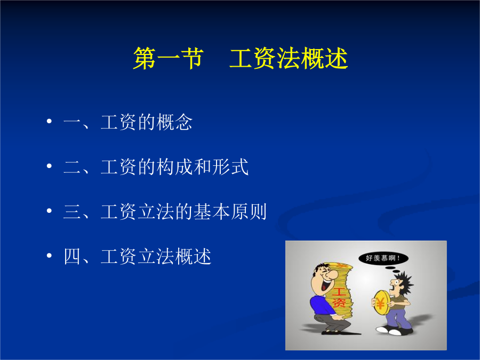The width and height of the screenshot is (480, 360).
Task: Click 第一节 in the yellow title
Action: (169, 58)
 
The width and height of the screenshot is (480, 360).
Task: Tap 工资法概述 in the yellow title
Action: (289, 58)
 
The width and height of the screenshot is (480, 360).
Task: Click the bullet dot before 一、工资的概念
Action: (49, 121)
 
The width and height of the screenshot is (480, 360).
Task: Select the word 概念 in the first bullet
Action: (174, 122)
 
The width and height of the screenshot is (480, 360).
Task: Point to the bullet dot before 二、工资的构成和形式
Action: (49, 166)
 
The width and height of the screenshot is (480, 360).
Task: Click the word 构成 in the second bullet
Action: (174, 167)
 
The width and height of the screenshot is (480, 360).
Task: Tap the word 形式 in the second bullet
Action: (230, 167)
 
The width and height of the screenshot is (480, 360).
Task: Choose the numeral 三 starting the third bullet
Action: (72, 212)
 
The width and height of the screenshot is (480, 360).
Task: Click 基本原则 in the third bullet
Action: (230, 212)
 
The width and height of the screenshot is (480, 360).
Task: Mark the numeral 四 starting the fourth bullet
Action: (72, 257)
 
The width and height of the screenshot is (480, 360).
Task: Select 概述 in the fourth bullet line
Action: (193, 257)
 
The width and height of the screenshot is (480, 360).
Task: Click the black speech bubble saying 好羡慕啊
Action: (383, 258)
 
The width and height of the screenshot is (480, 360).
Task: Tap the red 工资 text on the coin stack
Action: (339, 297)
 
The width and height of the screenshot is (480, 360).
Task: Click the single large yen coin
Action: (381, 303)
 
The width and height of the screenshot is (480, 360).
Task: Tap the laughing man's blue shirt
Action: (320, 305)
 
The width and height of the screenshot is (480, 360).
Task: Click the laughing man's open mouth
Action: (323, 285)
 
